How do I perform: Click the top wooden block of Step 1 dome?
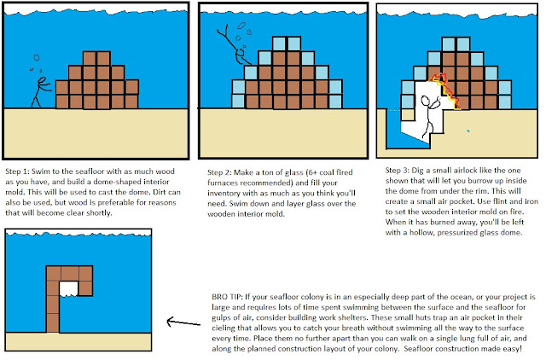(x=96, y=58)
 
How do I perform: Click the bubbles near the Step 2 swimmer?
(x=243, y=29)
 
